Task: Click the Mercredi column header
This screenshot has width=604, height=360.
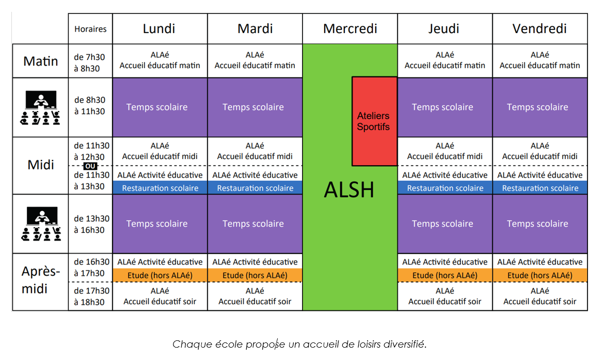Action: click(x=350, y=28)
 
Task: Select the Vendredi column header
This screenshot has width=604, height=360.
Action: click(x=539, y=28)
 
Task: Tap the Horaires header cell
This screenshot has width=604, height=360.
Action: click(x=90, y=29)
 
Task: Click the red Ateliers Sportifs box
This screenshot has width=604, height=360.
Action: click(x=374, y=121)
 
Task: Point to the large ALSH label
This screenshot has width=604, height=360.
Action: click(x=349, y=190)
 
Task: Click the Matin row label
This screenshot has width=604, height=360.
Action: click(x=40, y=61)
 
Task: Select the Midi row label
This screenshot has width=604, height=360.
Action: click(x=40, y=165)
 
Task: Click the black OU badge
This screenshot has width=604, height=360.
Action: click(x=90, y=166)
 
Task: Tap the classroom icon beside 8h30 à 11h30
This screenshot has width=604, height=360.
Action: click(x=40, y=107)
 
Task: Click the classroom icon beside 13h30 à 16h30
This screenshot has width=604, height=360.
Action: click(x=41, y=224)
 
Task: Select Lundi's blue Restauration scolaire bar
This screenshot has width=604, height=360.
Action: click(x=160, y=187)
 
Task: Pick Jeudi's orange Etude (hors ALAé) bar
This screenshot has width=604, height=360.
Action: click(x=445, y=275)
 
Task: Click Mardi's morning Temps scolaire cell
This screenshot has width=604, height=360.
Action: click(x=255, y=107)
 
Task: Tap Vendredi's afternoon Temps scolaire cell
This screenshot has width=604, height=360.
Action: click(x=539, y=224)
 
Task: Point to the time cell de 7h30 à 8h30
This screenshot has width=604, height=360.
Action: click(x=90, y=62)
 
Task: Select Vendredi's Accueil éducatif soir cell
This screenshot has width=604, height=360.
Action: click(x=539, y=296)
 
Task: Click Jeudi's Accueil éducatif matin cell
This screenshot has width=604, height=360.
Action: click(x=445, y=60)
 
